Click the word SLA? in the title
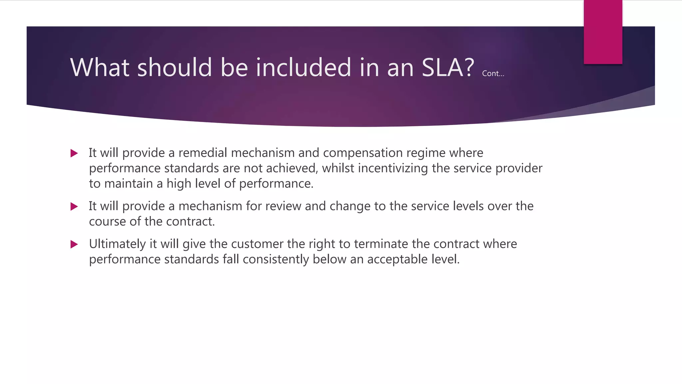point(448,68)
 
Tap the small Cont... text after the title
point(493,74)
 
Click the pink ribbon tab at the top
point(603,32)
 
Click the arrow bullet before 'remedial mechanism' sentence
point(74,153)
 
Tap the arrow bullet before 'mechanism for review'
point(74,207)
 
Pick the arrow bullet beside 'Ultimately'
point(74,245)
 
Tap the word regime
point(426,153)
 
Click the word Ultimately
point(117,244)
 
